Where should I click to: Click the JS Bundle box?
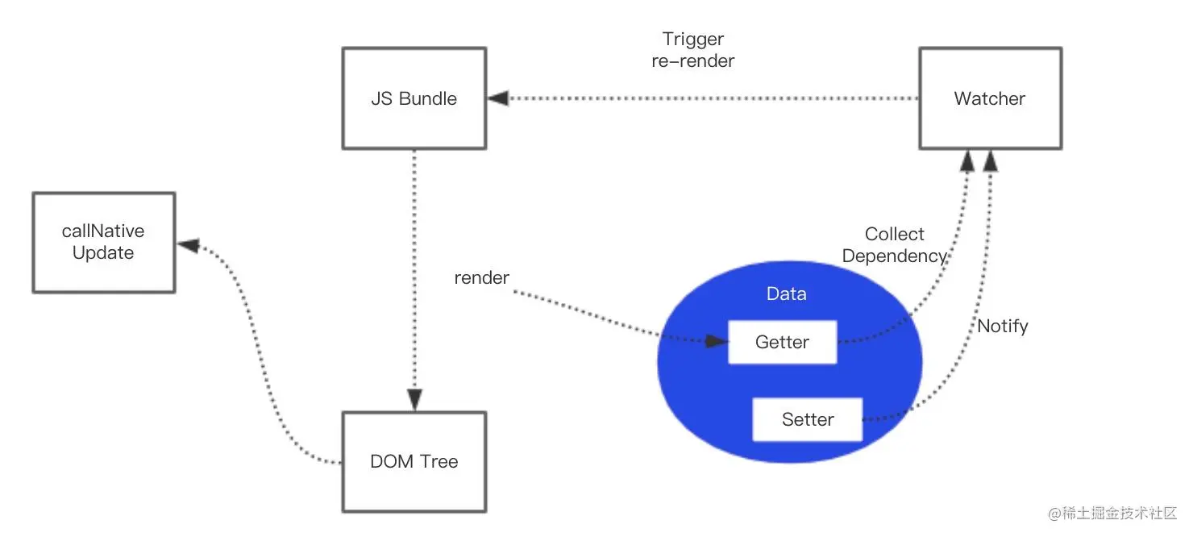[x=414, y=98]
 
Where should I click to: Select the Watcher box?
[x=990, y=98]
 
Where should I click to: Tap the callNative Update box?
[x=103, y=242]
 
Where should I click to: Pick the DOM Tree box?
[x=414, y=461]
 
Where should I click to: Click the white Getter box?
[x=782, y=342]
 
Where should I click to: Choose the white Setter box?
[x=807, y=419]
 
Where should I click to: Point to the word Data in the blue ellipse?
[x=786, y=294]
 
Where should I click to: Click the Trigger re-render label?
[x=693, y=49]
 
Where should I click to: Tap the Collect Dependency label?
[x=894, y=245]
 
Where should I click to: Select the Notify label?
[x=1003, y=327]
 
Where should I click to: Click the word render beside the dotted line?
[x=482, y=278]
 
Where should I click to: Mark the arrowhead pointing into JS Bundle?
[x=498, y=98]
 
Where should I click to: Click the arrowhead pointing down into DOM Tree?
[x=414, y=399]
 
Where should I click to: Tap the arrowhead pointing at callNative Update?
[x=188, y=244]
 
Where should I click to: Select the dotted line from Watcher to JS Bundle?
[x=709, y=98]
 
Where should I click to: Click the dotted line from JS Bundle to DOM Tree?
[x=414, y=274]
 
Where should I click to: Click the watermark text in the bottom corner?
[x=1112, y=514]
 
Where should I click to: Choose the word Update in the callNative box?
[x=103, y=253]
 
